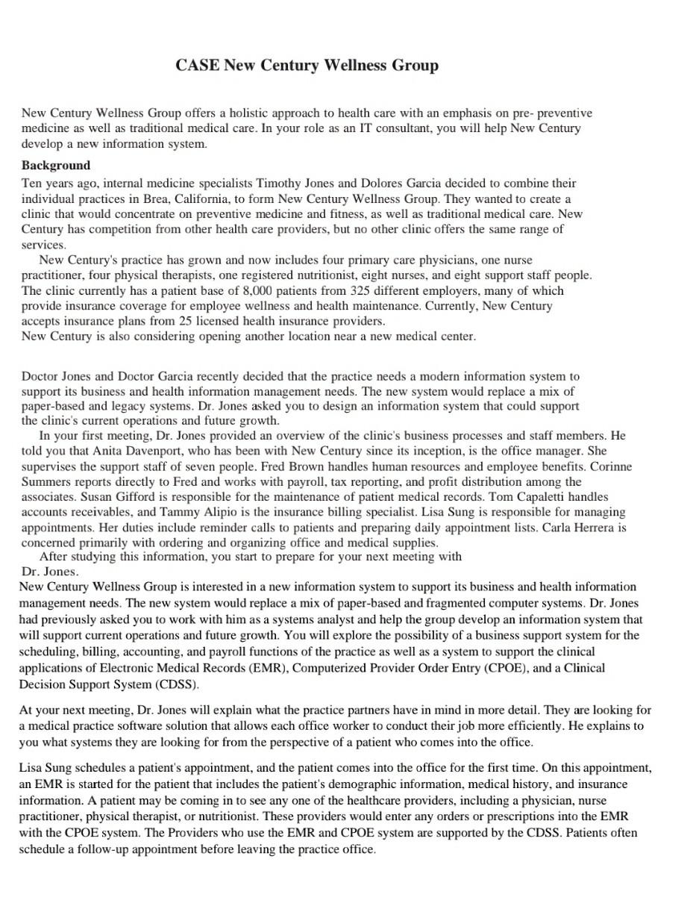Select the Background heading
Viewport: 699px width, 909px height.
point(56,165)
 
